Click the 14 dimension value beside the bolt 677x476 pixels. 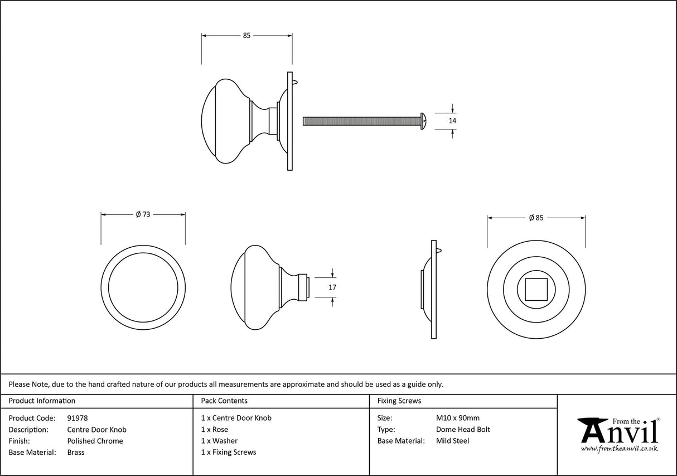point(452,121)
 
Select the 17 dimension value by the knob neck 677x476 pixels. point(333,287)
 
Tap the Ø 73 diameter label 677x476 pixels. point(143,214)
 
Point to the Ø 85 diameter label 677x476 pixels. point(536,218)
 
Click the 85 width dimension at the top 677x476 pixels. point(246,36)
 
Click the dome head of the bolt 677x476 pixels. point(423,121)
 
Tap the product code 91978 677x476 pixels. point(78,418)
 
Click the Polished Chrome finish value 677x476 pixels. point(95,441)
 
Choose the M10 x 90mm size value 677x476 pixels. point(457,418)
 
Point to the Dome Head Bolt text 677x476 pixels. point(463,430)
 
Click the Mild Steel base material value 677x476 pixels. point(452,441)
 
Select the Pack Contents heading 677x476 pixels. point(224,401)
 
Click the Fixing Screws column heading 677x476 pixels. point(399,401)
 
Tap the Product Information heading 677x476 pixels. point(42,401)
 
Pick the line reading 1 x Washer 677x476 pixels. point(219,441)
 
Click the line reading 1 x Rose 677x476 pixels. point(215,430)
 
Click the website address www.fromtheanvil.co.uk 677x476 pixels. point(619,449)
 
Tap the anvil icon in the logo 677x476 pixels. point(592,430)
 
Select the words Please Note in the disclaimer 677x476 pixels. point(28,384)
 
